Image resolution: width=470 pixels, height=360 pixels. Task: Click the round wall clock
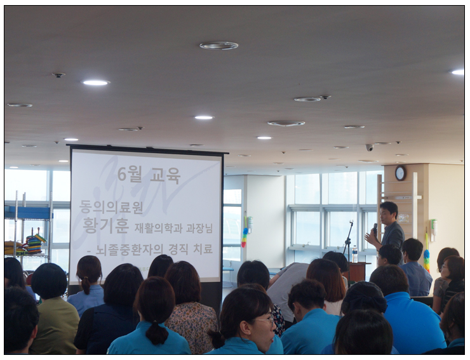coord(400,173)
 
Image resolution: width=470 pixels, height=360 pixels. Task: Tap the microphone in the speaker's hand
coord(375,229)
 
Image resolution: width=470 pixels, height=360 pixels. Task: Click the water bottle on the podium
coord(355,254)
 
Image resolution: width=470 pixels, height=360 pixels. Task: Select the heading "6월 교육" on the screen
coord(149,175)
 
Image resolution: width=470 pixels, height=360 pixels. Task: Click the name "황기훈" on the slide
coord(105,226)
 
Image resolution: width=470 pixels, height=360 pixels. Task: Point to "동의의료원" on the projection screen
coord(111,208)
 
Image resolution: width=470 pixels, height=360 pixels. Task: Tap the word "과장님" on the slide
coord(199,229)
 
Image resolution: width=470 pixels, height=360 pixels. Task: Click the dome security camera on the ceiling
coord(370,147)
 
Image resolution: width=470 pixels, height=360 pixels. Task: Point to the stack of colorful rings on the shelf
coord(35,244)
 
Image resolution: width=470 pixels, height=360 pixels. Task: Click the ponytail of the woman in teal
coord(156,333)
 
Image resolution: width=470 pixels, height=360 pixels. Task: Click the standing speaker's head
coord(389,211)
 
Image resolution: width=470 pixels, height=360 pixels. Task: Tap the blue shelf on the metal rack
coord(28,213)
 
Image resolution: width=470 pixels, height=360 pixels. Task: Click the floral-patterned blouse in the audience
coord(191,322)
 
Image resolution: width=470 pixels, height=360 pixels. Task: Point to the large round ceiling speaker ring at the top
coord(219,46)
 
